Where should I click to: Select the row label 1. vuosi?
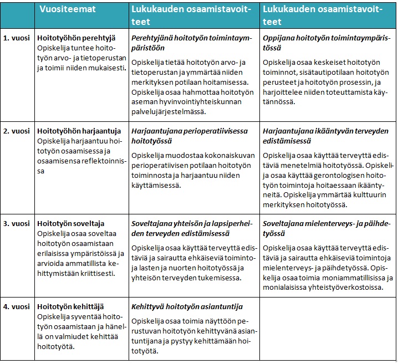(x=17, y=39)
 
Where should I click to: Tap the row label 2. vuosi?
(x=17, y=131)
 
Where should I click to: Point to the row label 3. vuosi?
(x=17, y=223)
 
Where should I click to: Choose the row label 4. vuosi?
(x=17, y=306)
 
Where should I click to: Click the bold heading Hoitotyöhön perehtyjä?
(x=76, y=39)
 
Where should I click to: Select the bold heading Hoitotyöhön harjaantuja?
(x=78, y=131)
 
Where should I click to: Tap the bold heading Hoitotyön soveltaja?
(x=70, y=223)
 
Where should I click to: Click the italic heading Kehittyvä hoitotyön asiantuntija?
(x=187, y=306)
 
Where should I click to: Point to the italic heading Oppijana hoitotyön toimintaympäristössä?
(x=327, y=44)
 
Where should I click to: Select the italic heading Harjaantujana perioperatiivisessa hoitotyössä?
(x=191, y=136)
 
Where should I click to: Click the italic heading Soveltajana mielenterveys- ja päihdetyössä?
(x=327, y=228)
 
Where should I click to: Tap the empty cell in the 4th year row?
(x=327, y=330)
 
